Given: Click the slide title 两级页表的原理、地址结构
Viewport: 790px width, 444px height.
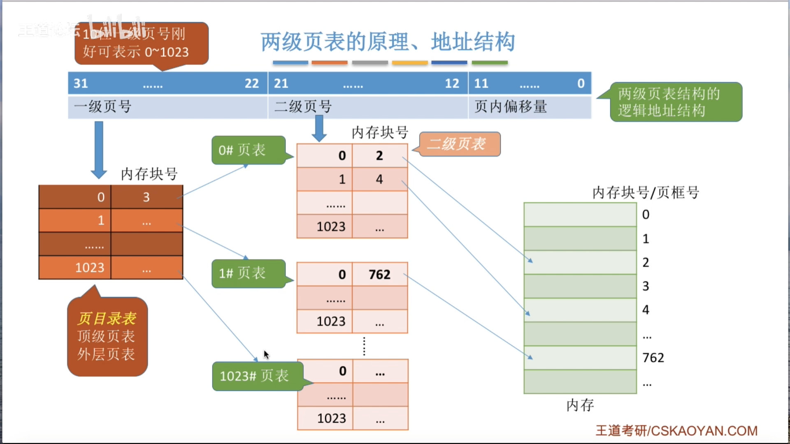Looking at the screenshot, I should pyautogui.click(x=388, y=42).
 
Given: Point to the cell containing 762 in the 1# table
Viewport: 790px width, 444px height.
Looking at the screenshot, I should pyautogui.click(x=379, y=274).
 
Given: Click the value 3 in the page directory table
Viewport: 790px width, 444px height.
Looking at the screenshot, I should pyautogui.click(x=146, y=197).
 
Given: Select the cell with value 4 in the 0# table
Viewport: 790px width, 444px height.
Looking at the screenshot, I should pyautogui.click(x=379, y=179).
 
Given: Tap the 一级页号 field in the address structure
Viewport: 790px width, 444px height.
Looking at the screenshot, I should pyautogui.click(x=103, y=107).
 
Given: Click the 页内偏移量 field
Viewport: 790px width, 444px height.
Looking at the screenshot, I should pyautogui.click(x=511, y=107).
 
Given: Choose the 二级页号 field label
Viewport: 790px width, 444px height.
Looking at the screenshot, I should pyautogui.click(x=303, y=107).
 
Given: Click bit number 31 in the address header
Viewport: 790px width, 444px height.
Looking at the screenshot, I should pyautogui.click(x=81, y=83).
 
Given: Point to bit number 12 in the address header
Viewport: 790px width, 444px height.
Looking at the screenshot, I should pyautogui.click(x=452, y=83).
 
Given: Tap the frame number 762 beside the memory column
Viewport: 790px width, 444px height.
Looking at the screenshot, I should pyautogui.click(x=653, y=358).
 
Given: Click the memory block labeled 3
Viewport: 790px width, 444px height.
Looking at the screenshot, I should pyautogui.click(x=580, y=286).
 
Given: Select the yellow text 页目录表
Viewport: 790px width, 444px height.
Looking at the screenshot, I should pyautogui.click(x=107, y=318).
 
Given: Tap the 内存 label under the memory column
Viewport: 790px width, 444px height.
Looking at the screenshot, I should pyautogui.click(x=580, y=405).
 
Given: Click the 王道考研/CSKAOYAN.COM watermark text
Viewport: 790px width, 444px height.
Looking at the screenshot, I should pyautogui.click(x=676, y=430).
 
